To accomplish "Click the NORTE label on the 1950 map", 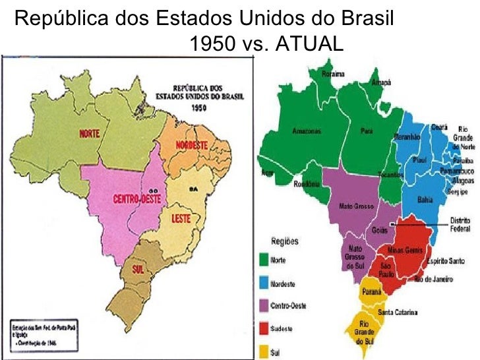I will pyautogui.click(x=90, y=135).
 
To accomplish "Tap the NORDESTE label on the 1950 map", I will pyautogui.click(x=192, y=145).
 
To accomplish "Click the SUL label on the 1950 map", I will pyautogui.click(x=138, y=268).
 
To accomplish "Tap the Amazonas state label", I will pyautogui.click(x=307, y=131).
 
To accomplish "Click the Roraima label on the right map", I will pyautogui.click(x=334, y=75).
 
